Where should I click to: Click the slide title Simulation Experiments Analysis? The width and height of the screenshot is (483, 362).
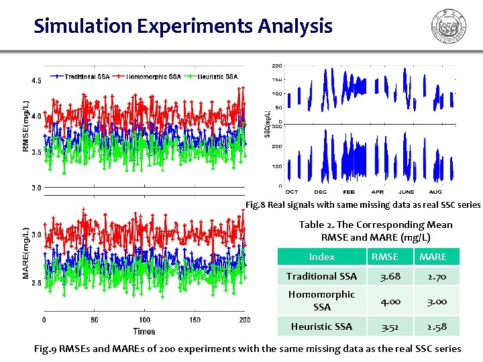(183, 26)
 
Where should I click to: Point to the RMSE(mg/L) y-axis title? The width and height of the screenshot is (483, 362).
(26, 126)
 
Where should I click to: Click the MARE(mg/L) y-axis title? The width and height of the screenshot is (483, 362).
(26, 253)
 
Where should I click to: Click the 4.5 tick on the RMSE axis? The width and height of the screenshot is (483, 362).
(36, 80)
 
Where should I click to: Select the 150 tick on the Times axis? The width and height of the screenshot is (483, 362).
(195, 320)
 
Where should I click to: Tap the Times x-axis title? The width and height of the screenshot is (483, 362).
(144, 331)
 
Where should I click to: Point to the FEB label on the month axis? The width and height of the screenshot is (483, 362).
(349, 192)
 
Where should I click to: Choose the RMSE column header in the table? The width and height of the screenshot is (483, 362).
(384, 257)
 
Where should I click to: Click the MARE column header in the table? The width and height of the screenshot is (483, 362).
(433, 257)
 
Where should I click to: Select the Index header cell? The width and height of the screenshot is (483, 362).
(321, 257)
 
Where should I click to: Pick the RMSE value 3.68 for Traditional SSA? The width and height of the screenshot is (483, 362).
(384, 276)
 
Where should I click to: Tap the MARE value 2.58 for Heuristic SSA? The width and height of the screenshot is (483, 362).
(433, 326)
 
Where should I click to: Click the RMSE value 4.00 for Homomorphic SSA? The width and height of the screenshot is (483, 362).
(384, 301)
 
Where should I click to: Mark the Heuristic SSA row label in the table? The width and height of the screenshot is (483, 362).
(321, 326)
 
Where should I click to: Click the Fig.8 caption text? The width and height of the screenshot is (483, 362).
(362, 204)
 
